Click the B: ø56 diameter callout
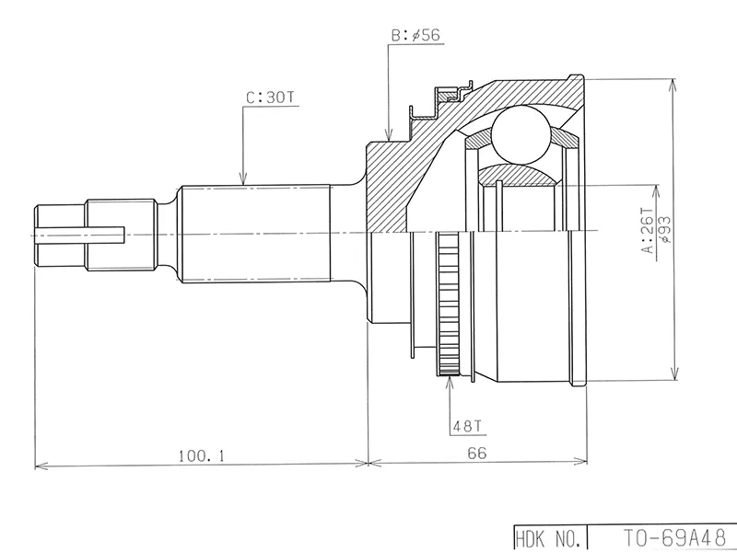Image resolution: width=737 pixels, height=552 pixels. pyautogui.click(x=416, y=35)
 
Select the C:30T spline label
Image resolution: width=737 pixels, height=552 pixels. pyautogui.click(x=270, y=98)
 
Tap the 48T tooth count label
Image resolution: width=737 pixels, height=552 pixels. pyautogui.click(x=467, y=426)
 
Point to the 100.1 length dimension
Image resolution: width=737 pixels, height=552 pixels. pyautogui.click(x=201, y=455)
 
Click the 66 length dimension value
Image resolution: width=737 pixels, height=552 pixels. pyautogui.click(x=477, y=453)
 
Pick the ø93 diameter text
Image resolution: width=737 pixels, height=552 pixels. pyautogui.click(x=665, y=229)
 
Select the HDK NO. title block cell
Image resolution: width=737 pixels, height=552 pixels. pyautogui.click(x=550, y=538)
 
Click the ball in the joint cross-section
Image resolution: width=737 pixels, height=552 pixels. pyautogui.click(x=521, y=134)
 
